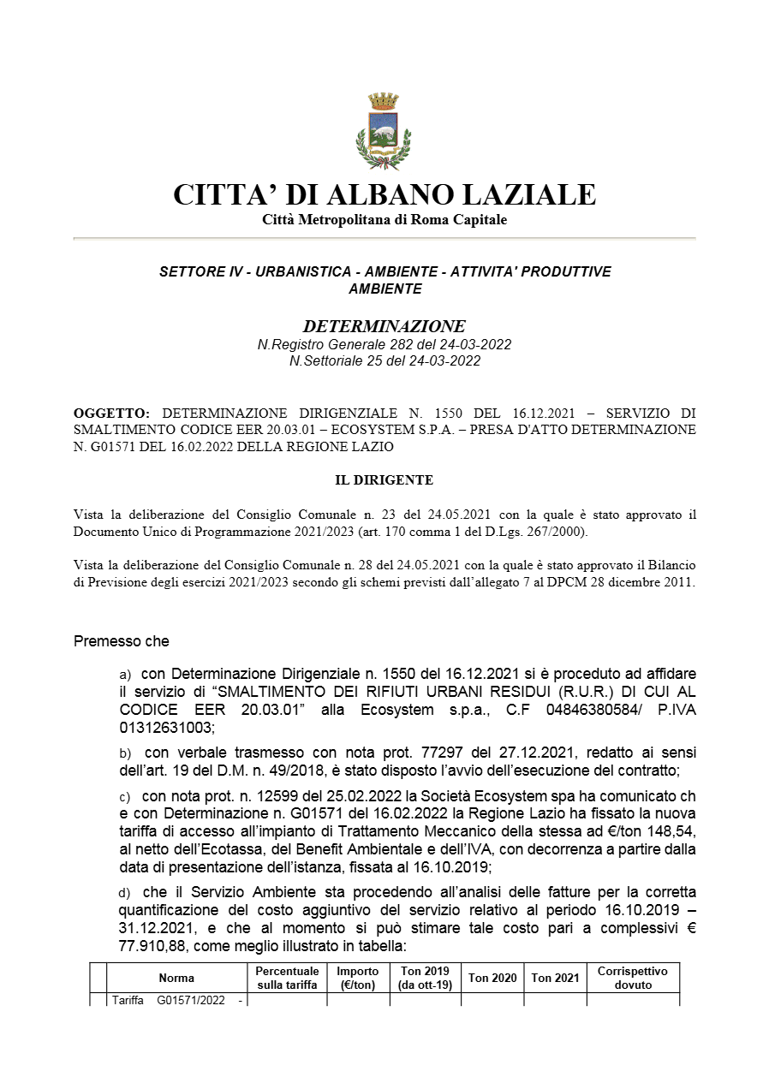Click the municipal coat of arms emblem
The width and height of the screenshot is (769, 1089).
[384, 131]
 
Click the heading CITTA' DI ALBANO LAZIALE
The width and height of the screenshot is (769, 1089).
[384, 194]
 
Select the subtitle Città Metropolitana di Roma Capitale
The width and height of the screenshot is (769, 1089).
[384, 220]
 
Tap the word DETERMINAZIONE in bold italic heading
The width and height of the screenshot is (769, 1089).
[384, 326]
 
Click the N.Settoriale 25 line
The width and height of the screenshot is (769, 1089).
[384, 360]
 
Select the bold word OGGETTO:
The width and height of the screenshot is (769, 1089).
[111, 413]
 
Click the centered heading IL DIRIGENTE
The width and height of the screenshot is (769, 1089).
[384, 480]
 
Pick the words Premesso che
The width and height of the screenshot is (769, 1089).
[122, 641]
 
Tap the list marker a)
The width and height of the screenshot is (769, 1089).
[125, 675]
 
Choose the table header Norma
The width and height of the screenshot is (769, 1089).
[176, 978]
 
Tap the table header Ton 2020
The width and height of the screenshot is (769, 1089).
[492, 978]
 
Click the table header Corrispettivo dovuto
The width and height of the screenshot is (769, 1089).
[632, 978]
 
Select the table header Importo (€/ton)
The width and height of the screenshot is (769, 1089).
[357, 978]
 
